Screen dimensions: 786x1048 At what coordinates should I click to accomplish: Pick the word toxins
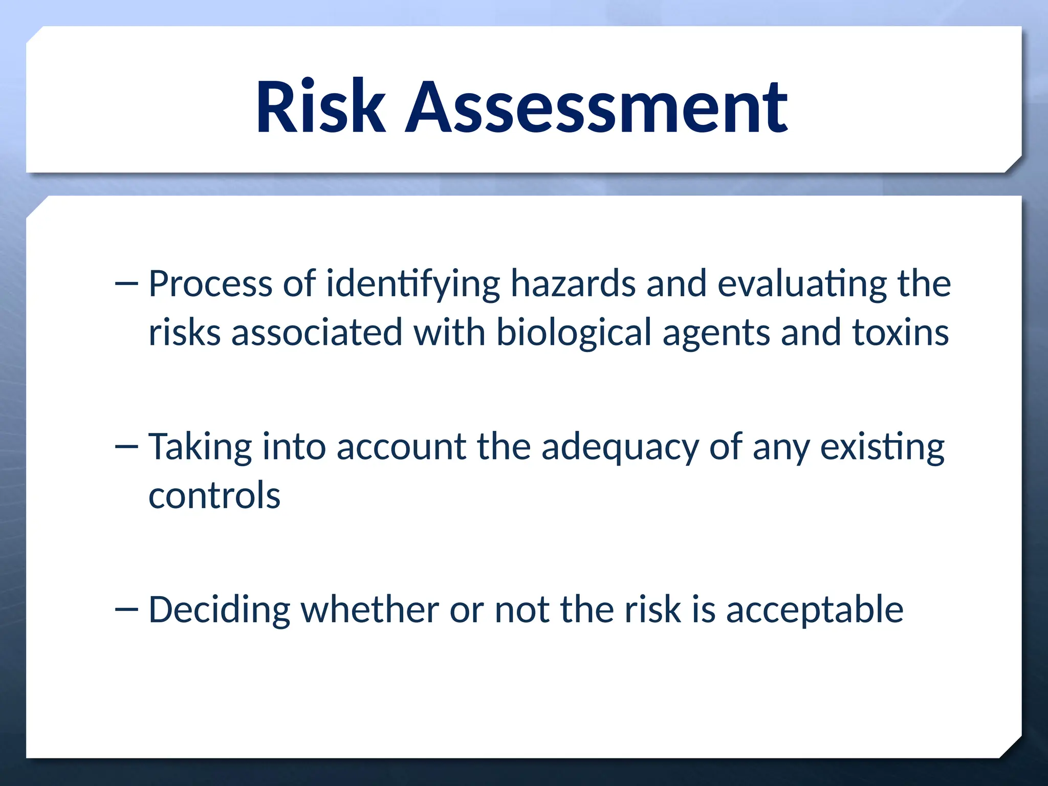(900, 333)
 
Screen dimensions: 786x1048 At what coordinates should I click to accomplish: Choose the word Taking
(200, 447)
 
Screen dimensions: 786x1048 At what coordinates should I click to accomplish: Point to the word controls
(214, 495)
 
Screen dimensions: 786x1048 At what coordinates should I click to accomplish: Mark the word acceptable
(815, 610)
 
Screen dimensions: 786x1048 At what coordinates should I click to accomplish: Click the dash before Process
(127, 284)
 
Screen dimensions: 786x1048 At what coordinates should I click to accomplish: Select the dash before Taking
(127, 447)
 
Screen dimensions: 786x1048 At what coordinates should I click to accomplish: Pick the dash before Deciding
(127, 609)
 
